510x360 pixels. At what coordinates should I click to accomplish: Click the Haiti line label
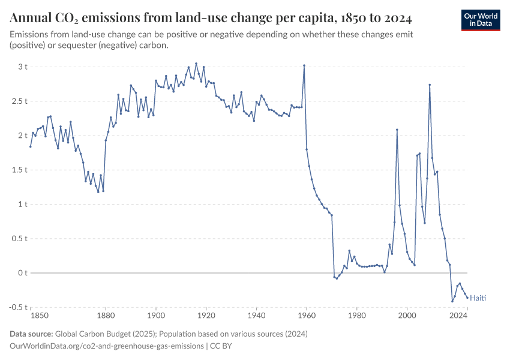coord(478,298)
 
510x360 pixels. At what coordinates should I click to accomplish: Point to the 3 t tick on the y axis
coord(23,67)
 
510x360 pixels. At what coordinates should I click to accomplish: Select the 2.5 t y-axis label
coord(19,101)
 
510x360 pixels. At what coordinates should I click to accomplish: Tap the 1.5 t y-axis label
coord(19,170)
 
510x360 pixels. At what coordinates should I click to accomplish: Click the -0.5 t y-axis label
coord(18,307)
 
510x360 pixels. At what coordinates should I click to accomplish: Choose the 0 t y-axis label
coord(23,273)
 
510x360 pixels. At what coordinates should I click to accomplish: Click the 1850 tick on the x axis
coord(40,315)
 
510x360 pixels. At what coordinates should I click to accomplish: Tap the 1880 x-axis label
coord(106,315)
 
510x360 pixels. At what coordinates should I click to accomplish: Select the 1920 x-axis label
coord(206,315)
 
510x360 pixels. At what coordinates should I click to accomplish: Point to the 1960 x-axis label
coord(307,315)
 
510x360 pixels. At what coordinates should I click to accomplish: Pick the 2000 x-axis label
coord(407,315)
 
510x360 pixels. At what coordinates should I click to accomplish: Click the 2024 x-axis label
coord(458,315)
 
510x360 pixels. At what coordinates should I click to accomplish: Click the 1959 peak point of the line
coord(304,65)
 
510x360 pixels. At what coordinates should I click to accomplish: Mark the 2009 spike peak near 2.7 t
coord(430,85)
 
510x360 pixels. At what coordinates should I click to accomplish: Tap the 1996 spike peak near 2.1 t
coord(397,130)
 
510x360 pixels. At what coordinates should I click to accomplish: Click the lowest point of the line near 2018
coord(452,301)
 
